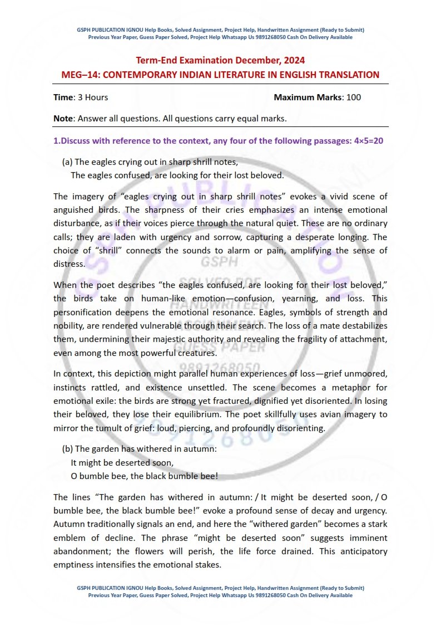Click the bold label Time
tap(63, 97)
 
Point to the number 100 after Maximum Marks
tap(354, 97)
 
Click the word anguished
tap(75, 210)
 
